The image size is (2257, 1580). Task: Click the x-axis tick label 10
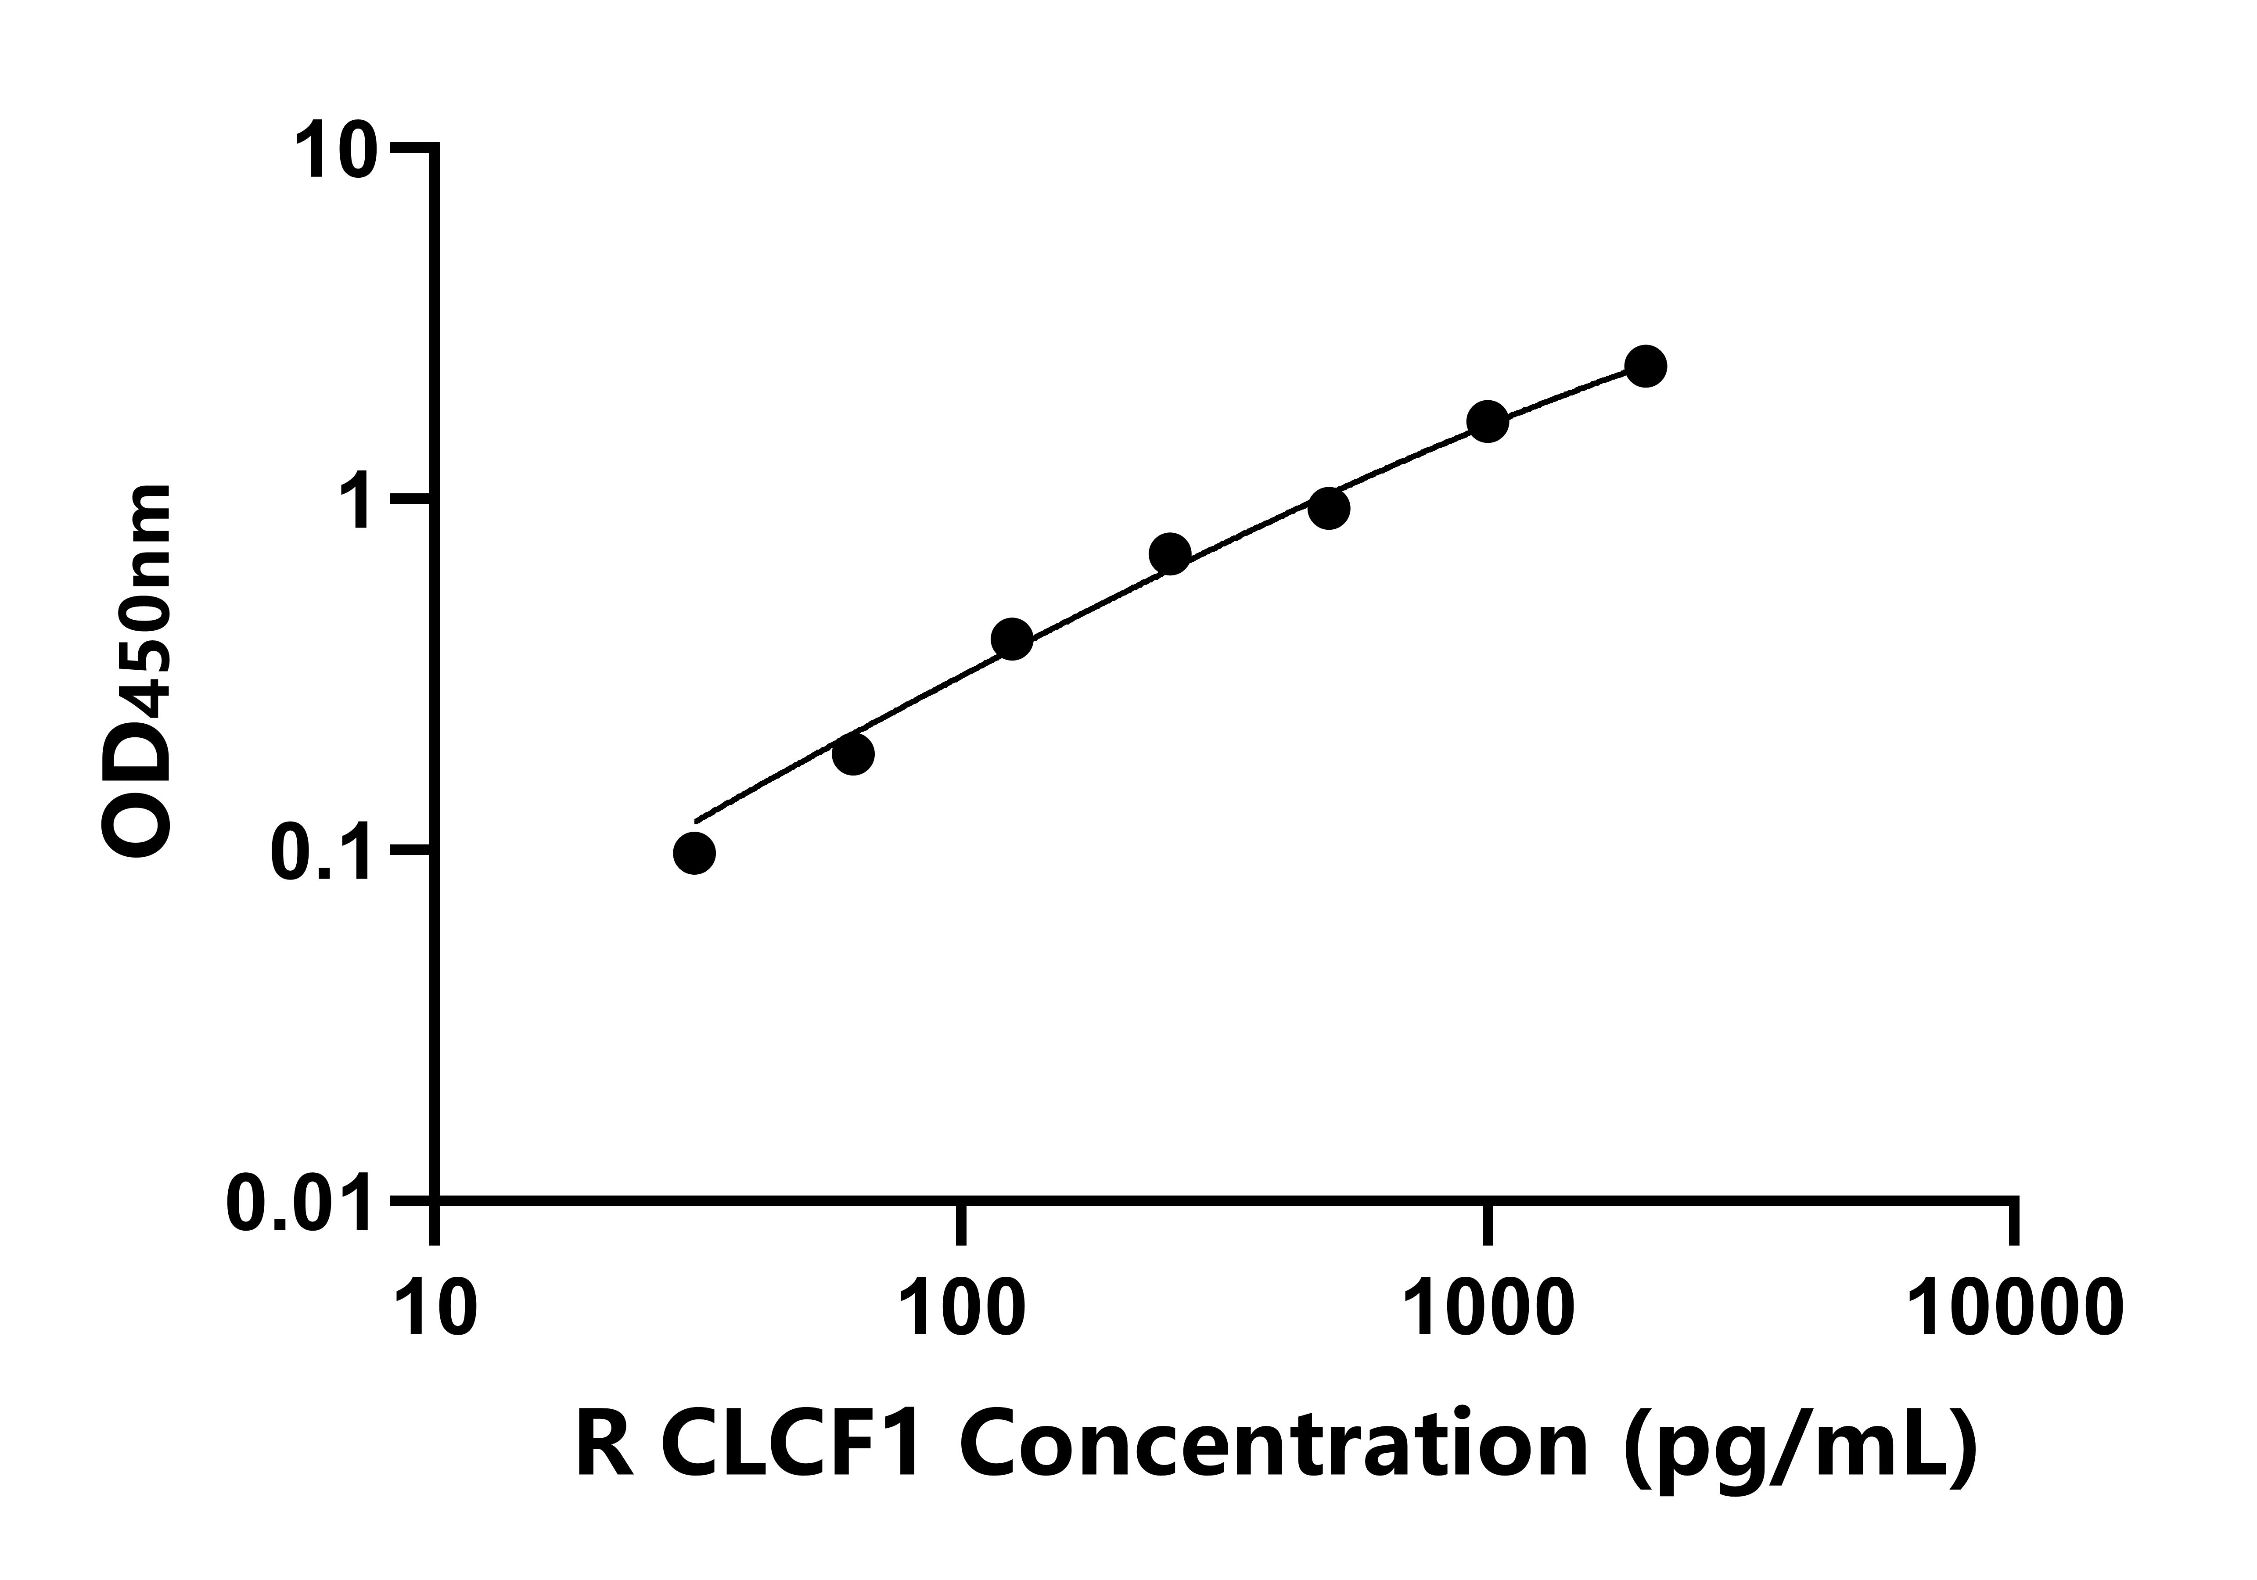click(x=435, y=1310)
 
